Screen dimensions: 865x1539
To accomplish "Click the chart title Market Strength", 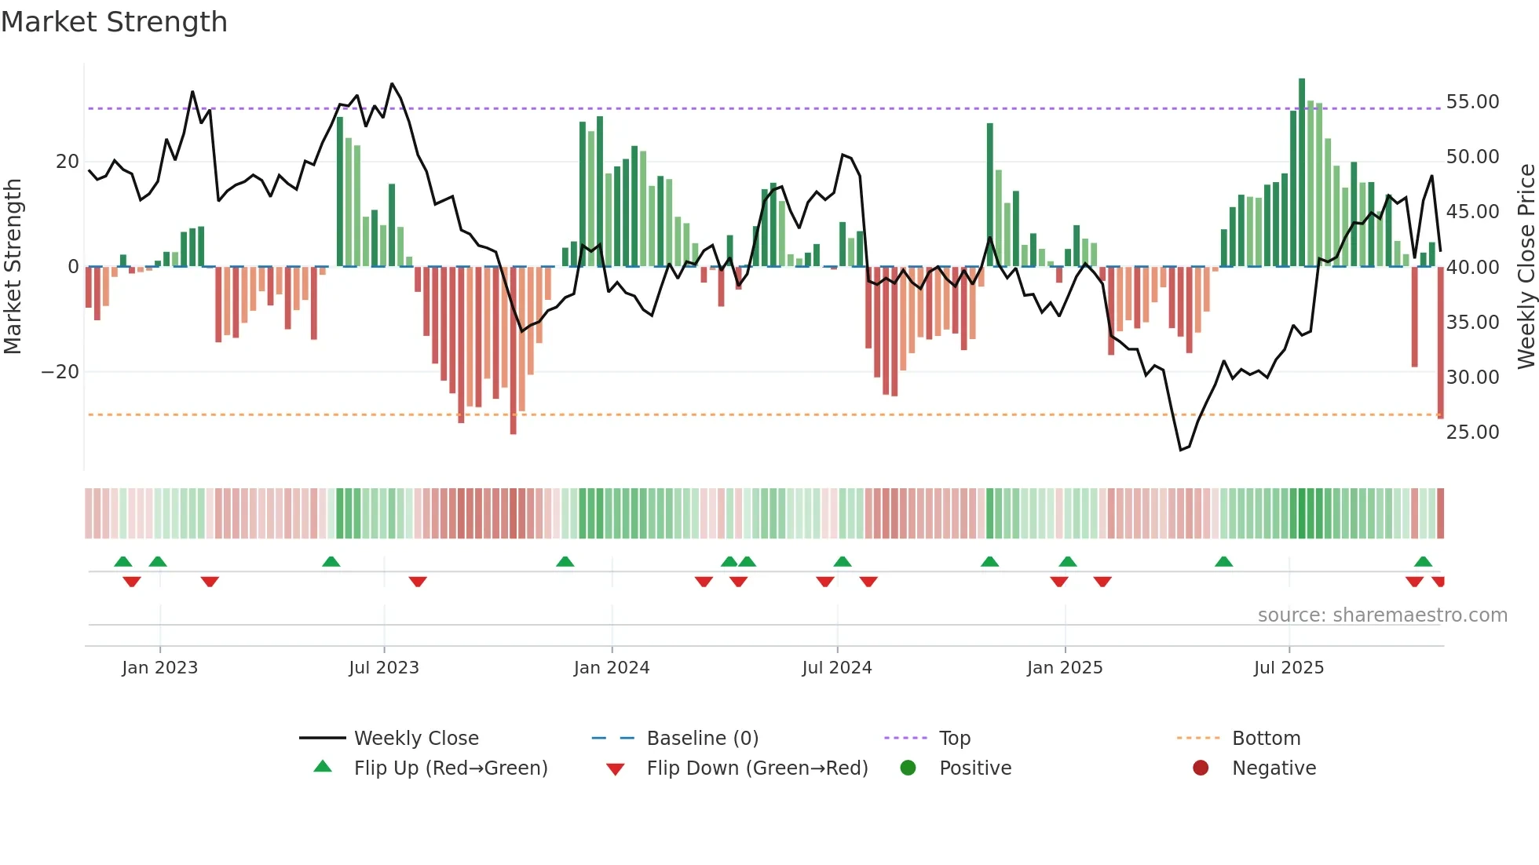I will click(x=114, y=22).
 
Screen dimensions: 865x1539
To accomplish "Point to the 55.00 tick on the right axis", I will click(x=1472, y=102).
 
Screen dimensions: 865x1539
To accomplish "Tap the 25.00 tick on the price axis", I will click(x=1472, y=432).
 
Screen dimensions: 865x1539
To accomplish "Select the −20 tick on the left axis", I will click(x=60, y=372).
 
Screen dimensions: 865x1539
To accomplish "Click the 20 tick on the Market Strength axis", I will click(x=67, y=162).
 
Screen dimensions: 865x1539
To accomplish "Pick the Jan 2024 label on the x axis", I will click(x=612, y=668).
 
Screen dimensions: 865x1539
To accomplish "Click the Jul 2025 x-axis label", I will click(x=1289, y=668).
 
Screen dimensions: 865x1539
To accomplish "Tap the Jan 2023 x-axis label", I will click(x=160, y=668).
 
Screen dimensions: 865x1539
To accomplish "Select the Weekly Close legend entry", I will click(x=415, y=739).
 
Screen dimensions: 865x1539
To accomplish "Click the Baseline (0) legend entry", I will click(x=702, y=739).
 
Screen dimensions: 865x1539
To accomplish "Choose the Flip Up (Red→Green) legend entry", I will click(x=450, y=768).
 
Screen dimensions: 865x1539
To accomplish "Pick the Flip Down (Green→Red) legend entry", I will click(x=757, y=768).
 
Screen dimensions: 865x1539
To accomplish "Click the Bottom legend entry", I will click(x=1266, y=739).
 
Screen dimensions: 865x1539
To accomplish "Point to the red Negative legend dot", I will click(x=1201, y=768).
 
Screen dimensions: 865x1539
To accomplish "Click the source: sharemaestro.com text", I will click(x=1382, y=615).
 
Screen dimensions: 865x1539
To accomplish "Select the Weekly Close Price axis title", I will click(x=1526, y=267).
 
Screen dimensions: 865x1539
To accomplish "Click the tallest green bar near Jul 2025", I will click(x=1302, y=173).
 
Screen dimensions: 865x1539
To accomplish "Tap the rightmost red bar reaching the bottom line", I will click(x=1440, y=342).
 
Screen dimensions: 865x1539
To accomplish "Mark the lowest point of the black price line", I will click(x=1180, y=450).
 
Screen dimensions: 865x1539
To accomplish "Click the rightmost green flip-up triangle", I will click(x=1423, y=562).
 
